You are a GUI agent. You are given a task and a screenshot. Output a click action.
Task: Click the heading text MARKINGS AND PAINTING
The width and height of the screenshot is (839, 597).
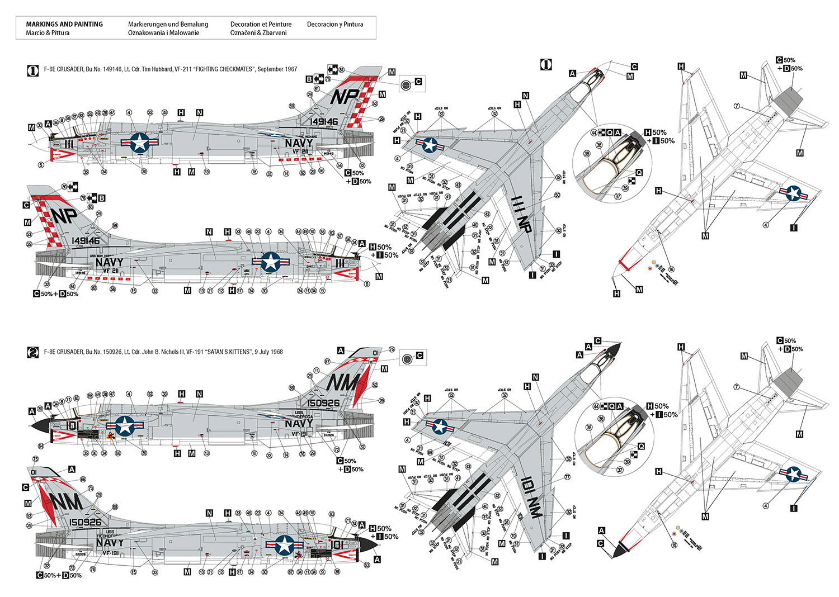(x=64, y=24)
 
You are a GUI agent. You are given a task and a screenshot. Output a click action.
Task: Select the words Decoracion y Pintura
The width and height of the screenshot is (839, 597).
(x=335, y=24)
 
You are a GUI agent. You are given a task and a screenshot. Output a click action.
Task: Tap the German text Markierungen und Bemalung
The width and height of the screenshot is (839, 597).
(x=168, y=24)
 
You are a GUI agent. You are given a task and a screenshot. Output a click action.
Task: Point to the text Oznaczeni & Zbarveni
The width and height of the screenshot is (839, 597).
(x=258, y=33)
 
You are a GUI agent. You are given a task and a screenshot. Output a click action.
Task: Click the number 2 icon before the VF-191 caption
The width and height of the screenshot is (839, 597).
(x=33, y=352)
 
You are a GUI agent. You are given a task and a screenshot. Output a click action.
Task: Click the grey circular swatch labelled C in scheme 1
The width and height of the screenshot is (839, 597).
(x=407, y=84)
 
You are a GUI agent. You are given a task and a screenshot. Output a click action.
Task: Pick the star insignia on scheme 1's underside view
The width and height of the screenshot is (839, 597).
(x=793, y=193)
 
